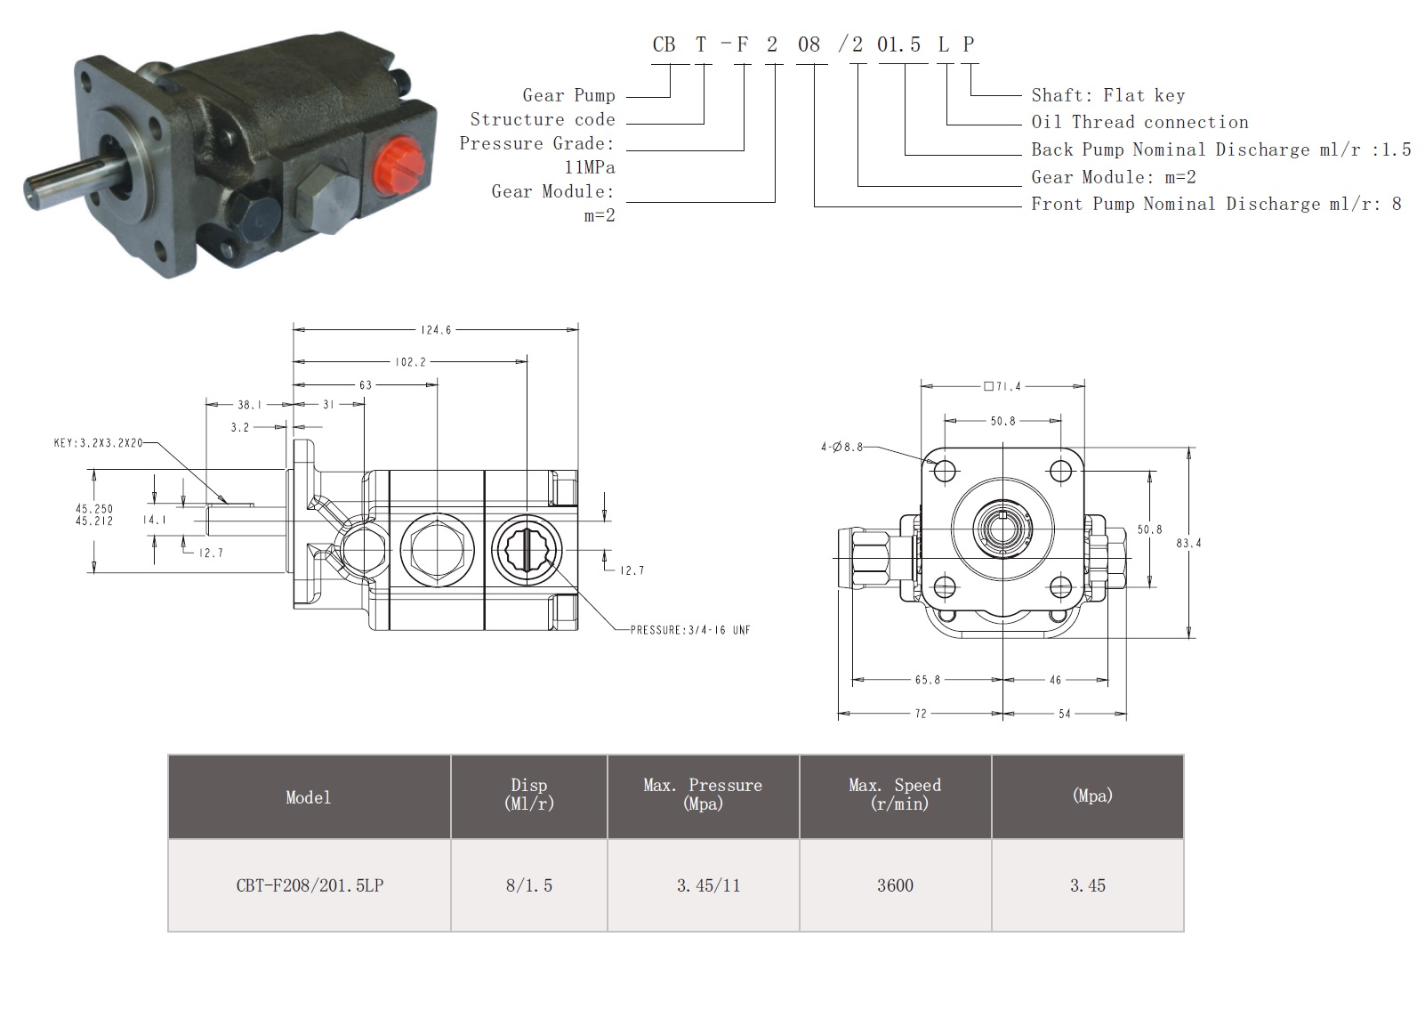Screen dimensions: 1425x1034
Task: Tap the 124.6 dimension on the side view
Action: [x=436, y=329]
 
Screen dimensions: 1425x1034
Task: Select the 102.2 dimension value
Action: [x=410, y=361]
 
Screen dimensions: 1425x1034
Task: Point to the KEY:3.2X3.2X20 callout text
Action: [x=99, y=443]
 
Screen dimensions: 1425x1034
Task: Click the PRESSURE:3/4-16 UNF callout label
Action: [x=690, y=630]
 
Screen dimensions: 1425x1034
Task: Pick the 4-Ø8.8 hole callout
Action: [x=841, y=447]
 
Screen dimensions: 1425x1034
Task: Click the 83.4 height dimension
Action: [x=1188, y=543]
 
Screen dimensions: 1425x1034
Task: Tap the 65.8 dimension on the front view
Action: [x=928, y=680]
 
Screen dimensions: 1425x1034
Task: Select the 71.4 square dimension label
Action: [x=1002, y=386]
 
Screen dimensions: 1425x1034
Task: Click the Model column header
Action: [x=309, y=797]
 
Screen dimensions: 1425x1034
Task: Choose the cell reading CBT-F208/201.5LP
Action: [x=310, y=885]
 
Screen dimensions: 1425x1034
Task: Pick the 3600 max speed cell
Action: [x=895, y=885]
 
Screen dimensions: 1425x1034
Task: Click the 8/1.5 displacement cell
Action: [x=529, y=885]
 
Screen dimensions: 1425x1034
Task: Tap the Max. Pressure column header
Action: [x=703, y=794]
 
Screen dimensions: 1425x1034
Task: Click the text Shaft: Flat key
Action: [x=1108, y=95]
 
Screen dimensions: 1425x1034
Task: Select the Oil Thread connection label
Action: [x=1139, y=122]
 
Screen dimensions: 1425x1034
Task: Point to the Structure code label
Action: [x=543, y=119]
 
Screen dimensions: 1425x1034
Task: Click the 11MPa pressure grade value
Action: [x=590, y=167]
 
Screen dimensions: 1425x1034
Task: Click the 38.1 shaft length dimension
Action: [x=249, y=405]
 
